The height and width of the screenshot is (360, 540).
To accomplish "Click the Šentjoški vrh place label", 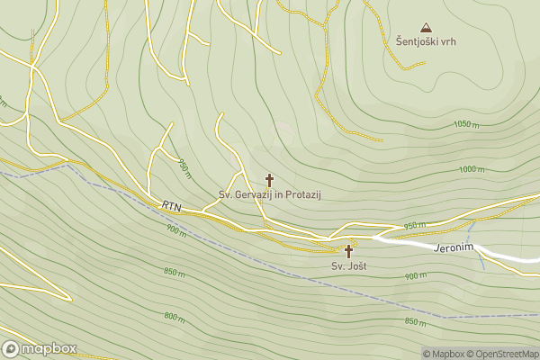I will pyautogui.click(x=425, y=42).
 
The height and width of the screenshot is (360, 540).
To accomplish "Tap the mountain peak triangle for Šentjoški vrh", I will pyautogui.click(x=426, y=28).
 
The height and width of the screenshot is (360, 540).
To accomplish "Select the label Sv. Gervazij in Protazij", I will pyautogui.click(x=270, y=194).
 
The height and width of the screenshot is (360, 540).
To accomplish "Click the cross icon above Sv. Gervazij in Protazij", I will pyautogui.click(x=269, y=180).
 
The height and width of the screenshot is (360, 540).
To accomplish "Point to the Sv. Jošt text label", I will pyautogui.click(x=348, y=266).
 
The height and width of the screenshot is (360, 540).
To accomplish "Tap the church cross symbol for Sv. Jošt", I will pyautogui.click(x=348, y=252).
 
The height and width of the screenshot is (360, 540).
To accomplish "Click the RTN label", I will pyautogui.click(x=172, y=207).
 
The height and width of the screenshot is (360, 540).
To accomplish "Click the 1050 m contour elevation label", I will pyautogui.click(x=466, y=124).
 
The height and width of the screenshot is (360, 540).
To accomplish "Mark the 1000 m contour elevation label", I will pyautogui.click(x=472, y=169).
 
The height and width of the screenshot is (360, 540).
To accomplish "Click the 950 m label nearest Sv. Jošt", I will pyautogui.click(x=415, y=226).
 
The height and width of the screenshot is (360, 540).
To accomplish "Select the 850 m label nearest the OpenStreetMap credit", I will pyautogui.click(x=416, y=321).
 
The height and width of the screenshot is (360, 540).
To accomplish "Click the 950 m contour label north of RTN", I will pyautogui.click(x=184, y=167).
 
